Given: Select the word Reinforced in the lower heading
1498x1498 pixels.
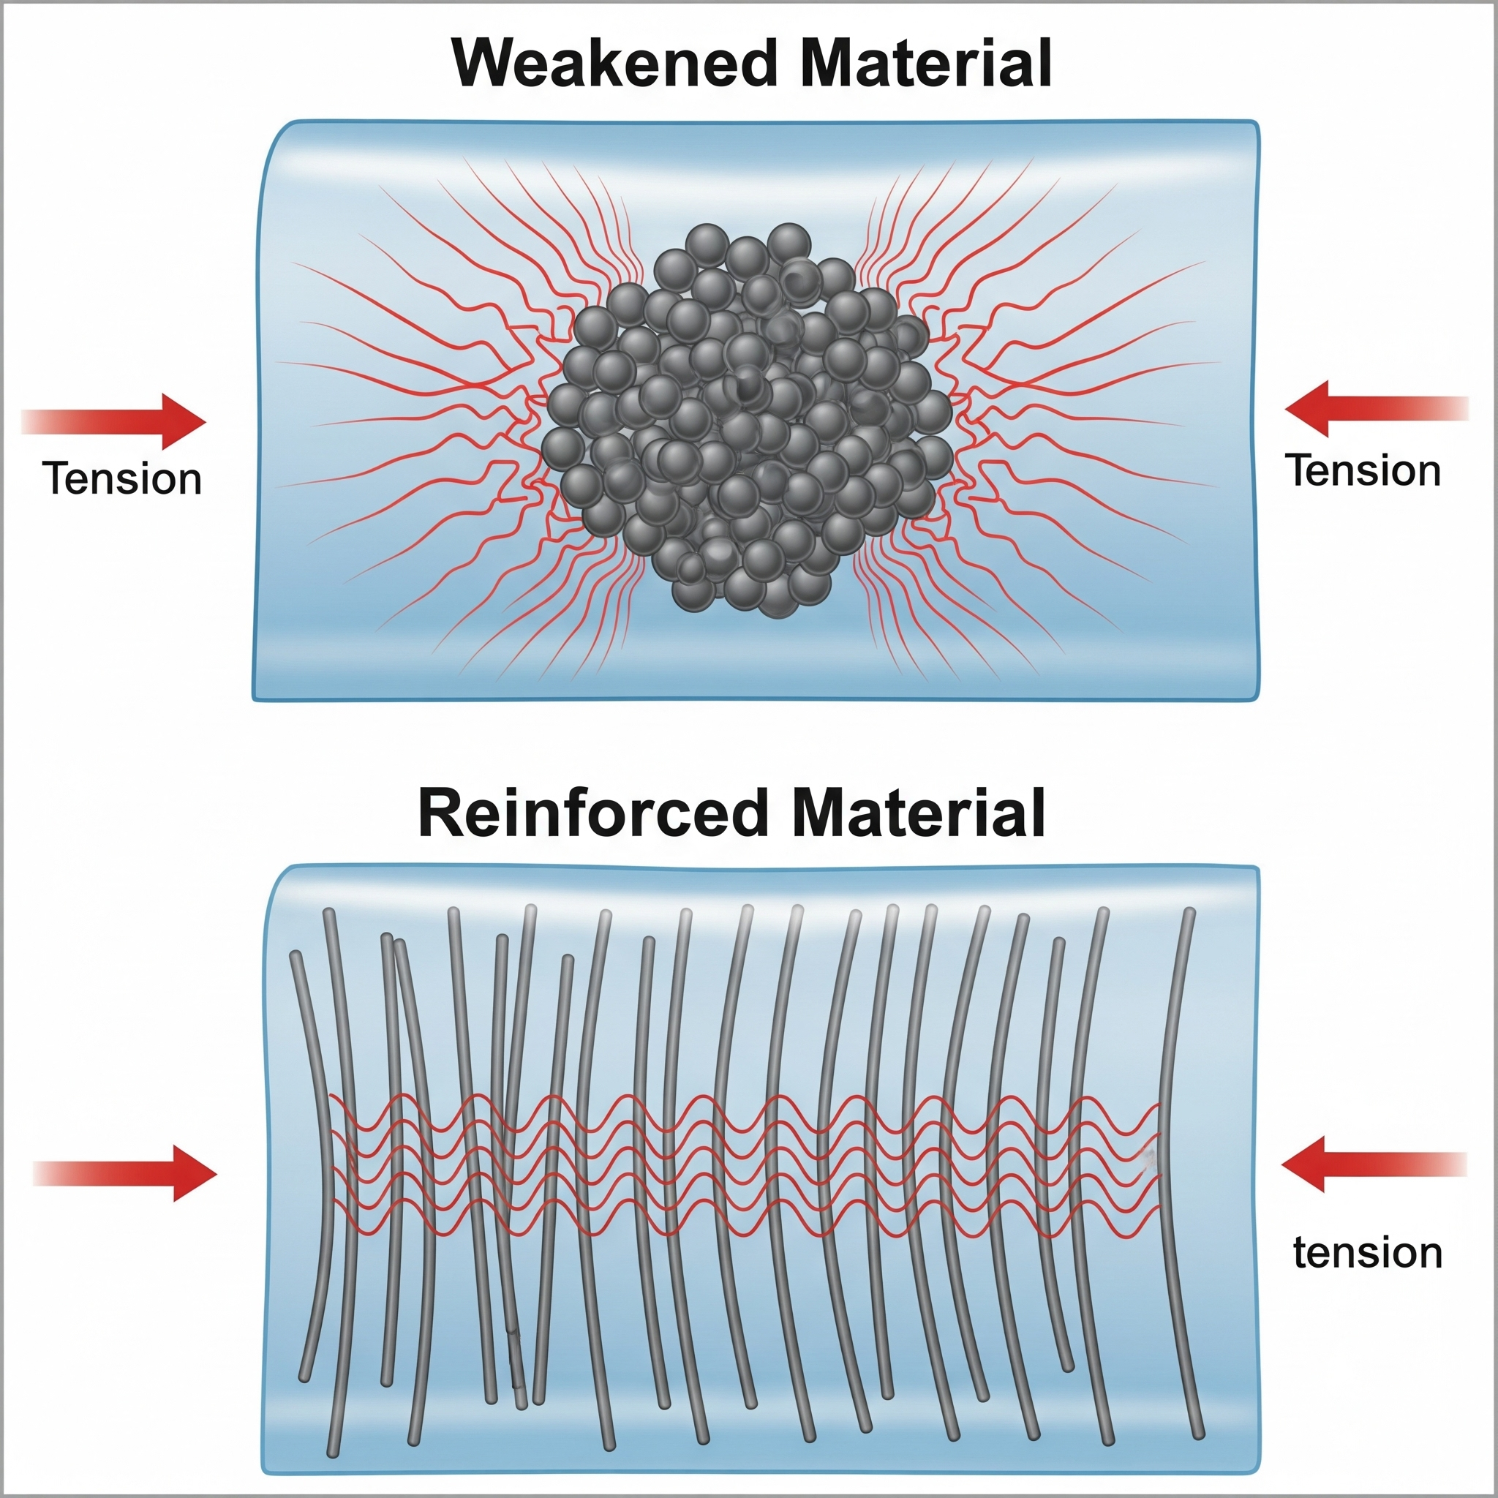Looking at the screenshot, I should tap(591, 814).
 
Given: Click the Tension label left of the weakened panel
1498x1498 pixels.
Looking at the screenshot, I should tap(121, 479).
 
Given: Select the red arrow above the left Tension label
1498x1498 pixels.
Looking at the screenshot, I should tap(116, 422).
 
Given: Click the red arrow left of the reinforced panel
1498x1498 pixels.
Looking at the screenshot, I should tap(128, 1173).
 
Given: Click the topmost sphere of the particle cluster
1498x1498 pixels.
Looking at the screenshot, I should tap(788, 243).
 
